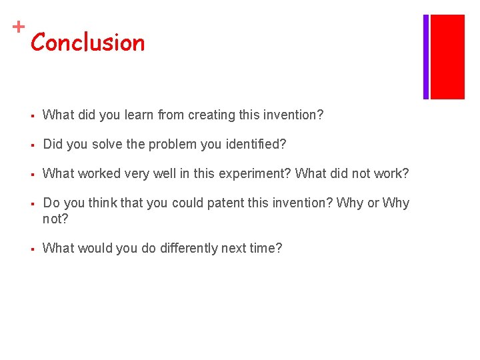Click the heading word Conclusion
point(87,43)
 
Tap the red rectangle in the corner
point(447,57)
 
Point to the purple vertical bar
point(426,57)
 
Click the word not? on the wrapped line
point(55,219)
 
